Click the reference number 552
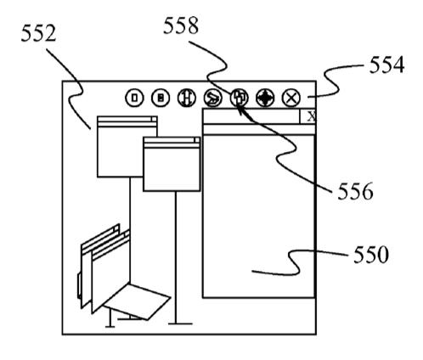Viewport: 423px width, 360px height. click(38, 33)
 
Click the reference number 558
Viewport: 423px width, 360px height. click(181, 25)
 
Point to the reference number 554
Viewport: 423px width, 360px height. click(386, 65)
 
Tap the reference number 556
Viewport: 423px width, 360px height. click(355, 191)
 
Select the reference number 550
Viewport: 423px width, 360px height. click(371, 255)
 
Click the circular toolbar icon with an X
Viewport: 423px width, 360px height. click(291, 98)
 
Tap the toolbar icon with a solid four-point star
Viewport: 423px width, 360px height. click(265, 98)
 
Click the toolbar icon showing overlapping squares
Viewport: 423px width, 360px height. click(239, 98)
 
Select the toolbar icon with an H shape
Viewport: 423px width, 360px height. click(187, 98)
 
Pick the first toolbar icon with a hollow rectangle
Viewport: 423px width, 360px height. click(134, 98)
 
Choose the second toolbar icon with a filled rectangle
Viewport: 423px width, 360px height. click(161, 98)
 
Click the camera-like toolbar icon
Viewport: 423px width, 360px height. click(213, 98)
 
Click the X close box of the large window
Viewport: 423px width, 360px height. click(307, 116)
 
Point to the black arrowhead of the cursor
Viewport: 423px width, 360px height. click(240, 109)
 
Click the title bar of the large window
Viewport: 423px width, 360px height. click(251, 116)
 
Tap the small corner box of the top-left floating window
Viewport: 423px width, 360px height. click(154, 119)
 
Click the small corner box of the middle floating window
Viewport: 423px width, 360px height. click(197, 140)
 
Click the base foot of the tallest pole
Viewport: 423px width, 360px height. click(180, 323)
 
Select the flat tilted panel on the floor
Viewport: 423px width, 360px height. click(137, 301)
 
